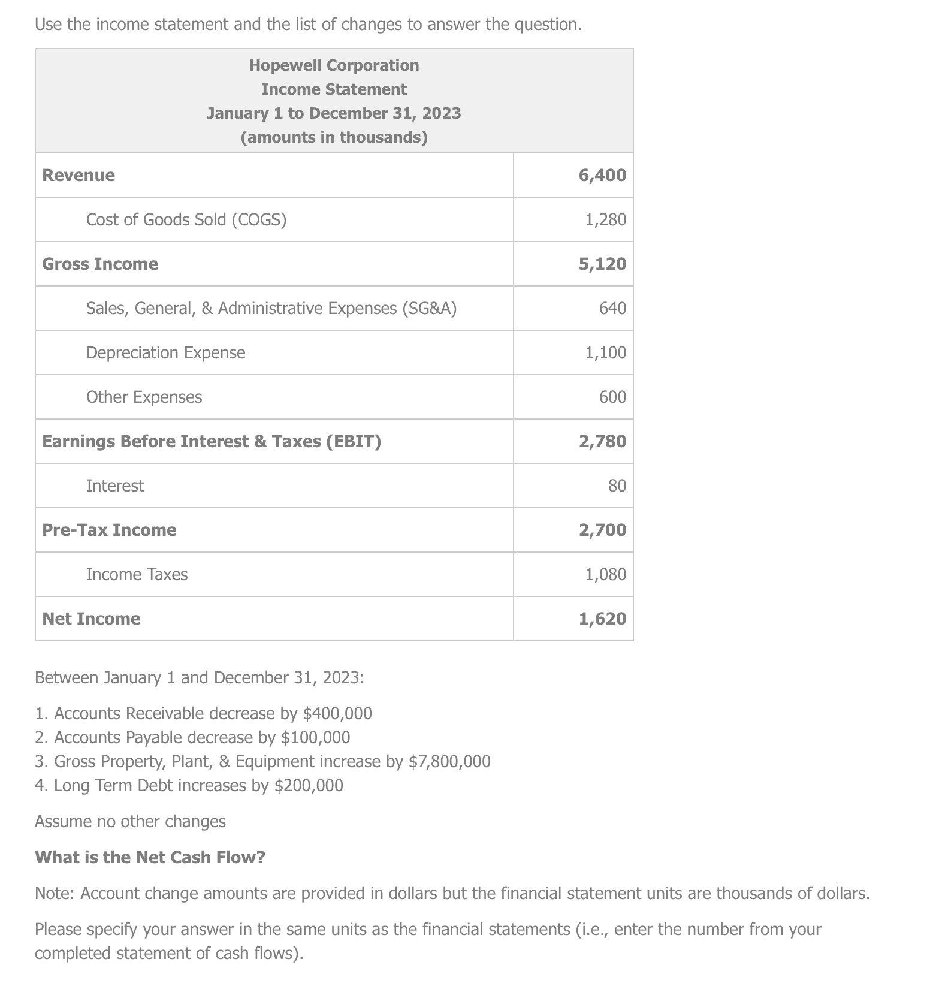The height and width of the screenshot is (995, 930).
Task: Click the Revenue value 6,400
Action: click(x=602, y=175)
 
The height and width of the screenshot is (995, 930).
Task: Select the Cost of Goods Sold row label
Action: click(x=186, y=219)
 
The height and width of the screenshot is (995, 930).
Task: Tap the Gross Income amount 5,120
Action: click(x=602, y=264)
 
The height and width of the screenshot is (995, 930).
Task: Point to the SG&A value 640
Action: click(x=612, y=308)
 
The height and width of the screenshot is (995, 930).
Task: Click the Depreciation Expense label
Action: click(x=165, y=352)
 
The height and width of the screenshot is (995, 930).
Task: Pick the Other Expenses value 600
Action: click(x=612, y=397)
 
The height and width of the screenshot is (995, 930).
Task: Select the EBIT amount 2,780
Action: click(x=602, y=441)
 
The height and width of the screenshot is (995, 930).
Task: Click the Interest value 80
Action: click(x=617, y=486)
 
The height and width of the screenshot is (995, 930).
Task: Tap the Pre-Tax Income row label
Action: click(x=109, y=530)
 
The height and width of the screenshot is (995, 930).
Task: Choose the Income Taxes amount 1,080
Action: click(x=605, y=574)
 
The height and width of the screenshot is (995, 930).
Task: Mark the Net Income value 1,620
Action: click(x=602, y=619)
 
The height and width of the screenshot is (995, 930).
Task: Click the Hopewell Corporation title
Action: click(x=334, y=65)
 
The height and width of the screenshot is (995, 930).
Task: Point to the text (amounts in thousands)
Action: click(x=334, y=137)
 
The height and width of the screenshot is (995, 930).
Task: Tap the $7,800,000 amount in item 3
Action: click(x=449, y=761)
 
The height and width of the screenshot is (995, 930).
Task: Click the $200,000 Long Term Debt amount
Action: click(x=309, y=785)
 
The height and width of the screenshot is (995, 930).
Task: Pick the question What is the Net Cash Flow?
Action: click(x=150, y=857)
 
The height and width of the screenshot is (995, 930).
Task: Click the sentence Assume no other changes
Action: click(x=130, y=821)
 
